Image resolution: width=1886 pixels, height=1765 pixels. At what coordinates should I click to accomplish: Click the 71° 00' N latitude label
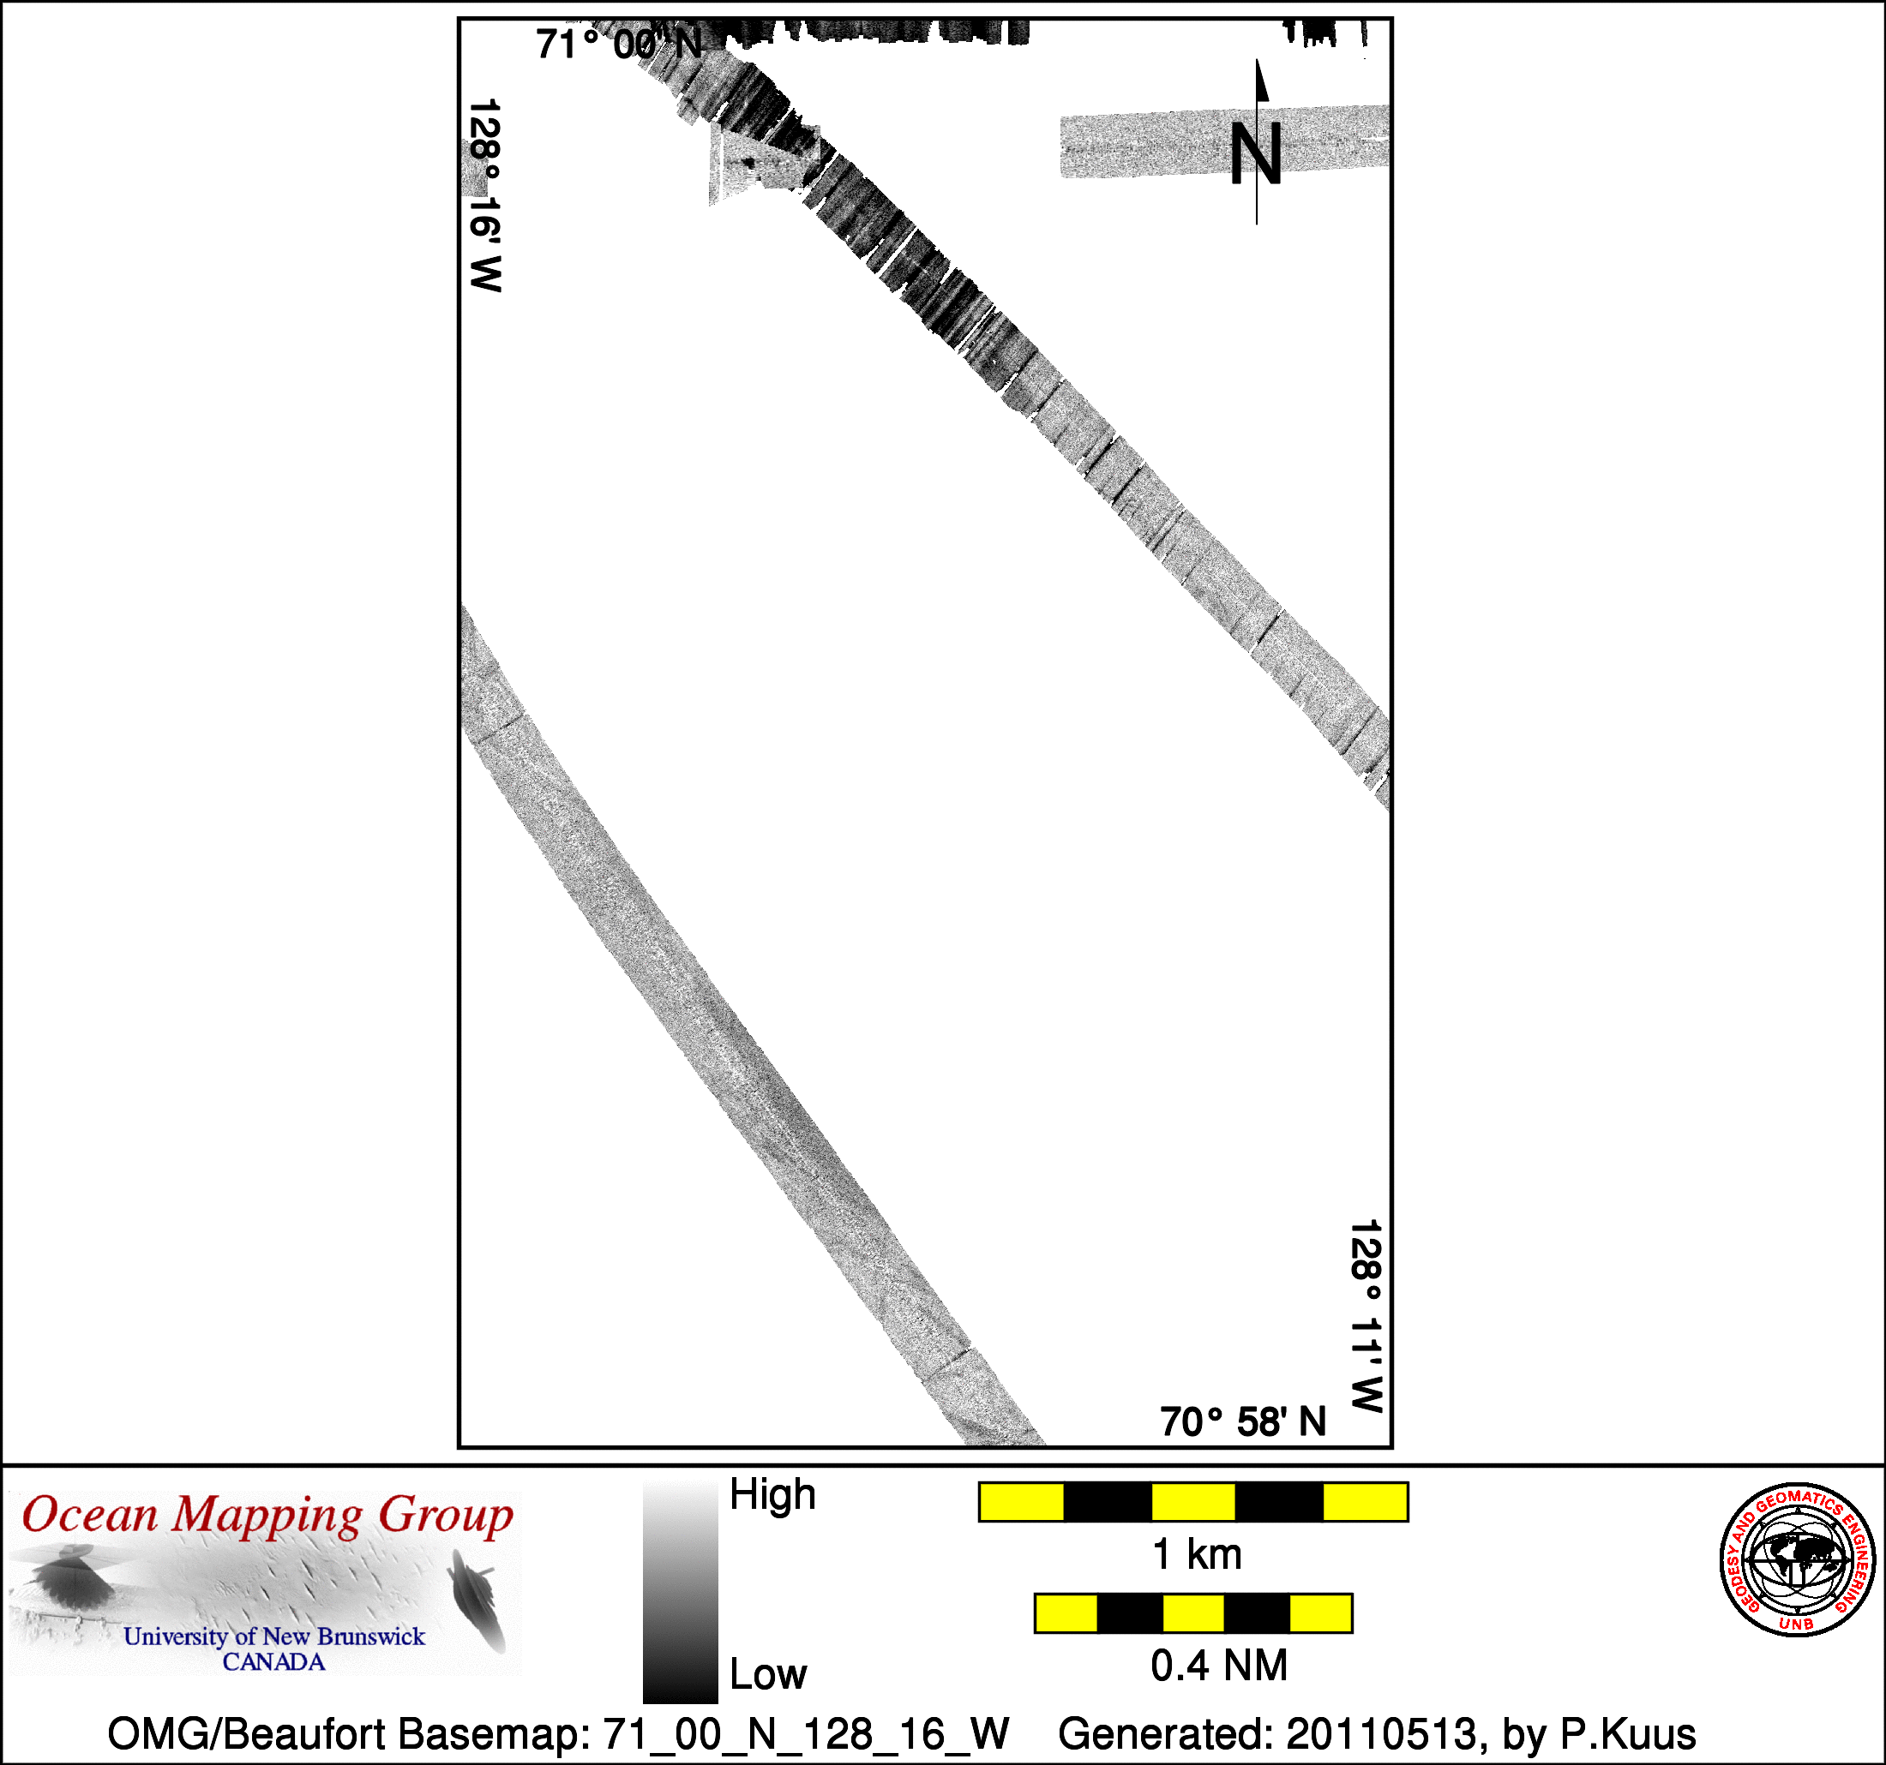620,44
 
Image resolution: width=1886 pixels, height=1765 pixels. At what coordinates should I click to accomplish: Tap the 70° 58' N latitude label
1243,1421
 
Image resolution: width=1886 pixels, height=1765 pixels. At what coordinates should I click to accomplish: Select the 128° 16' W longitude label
484,195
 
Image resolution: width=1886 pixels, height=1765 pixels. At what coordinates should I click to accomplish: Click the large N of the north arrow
1256,153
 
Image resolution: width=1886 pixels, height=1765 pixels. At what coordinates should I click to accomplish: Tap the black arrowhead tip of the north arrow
1258,61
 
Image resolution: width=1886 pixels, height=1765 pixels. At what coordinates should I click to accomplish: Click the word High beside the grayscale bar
772,1496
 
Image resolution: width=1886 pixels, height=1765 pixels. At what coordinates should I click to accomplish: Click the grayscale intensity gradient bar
680,1594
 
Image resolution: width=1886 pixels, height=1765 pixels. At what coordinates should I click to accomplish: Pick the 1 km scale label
1196,1554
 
